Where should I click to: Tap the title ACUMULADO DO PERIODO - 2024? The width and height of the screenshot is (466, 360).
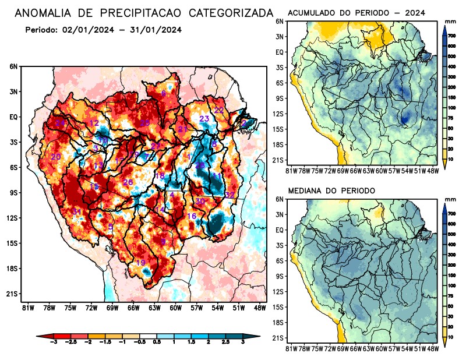coord(356,12)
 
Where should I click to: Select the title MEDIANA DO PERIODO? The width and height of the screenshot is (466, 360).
coord(331,190)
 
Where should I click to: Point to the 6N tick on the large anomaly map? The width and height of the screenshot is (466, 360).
coord(13,66)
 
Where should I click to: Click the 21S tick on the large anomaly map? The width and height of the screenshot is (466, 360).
coord(13,294)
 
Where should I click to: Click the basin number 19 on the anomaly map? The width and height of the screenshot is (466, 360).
coord(140,263)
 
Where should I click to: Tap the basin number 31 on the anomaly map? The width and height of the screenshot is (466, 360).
coord(76,211)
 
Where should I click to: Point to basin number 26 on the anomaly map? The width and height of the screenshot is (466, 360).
coord(128,182)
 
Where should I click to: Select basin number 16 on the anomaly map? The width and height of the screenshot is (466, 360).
coord(191,216)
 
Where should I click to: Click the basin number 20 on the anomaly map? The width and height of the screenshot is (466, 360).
coord(56,157)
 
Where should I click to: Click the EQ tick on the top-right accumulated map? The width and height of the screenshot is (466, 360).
coord(280,52)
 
